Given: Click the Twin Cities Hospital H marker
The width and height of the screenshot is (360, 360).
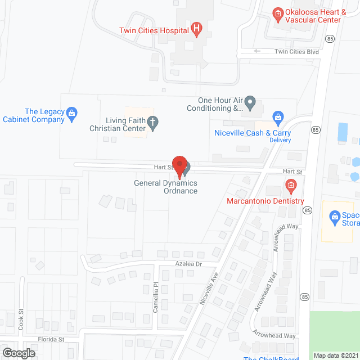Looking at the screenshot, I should pyautogui.click(x=196, y=29).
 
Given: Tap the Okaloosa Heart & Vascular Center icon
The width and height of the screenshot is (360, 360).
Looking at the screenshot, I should pyautogui.click(x=277, y=13).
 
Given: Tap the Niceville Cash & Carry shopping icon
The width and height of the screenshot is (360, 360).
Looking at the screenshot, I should pyautogui.click(x=277, y=118).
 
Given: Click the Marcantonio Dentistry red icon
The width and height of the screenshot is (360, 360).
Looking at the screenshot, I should pyautogui.click(x=290, y=185).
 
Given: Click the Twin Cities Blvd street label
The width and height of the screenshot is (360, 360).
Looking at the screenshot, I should pyautogui.click(x=296, y=52).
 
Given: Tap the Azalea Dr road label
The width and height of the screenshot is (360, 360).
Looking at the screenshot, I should pyautogui.click(x=187, y=264).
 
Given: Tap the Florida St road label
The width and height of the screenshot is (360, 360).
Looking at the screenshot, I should pyautogui.click(x=52, y=340).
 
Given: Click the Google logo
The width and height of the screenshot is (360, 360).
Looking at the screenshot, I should pyautogui.click(x=19, y=353).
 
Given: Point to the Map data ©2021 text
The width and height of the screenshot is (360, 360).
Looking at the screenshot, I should pyautogui.click(x=335, y=355).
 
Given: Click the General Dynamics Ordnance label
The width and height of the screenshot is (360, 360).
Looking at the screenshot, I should pyautogui.click(x=165, y=187).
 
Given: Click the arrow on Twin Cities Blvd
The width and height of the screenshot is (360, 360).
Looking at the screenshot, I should pyautogui.click(x=257, y=51).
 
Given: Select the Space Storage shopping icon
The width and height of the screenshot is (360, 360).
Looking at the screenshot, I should pyautogui.click(x=335, y=215).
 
